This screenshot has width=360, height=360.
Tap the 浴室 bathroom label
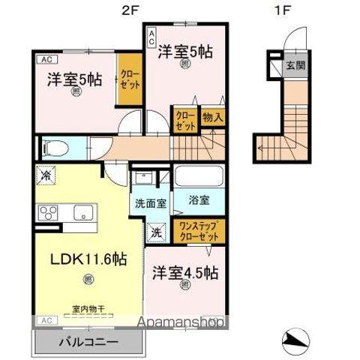coord(199,201)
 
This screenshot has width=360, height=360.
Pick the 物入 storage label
coord(213,118)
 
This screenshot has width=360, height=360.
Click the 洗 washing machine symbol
coord(157,232)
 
